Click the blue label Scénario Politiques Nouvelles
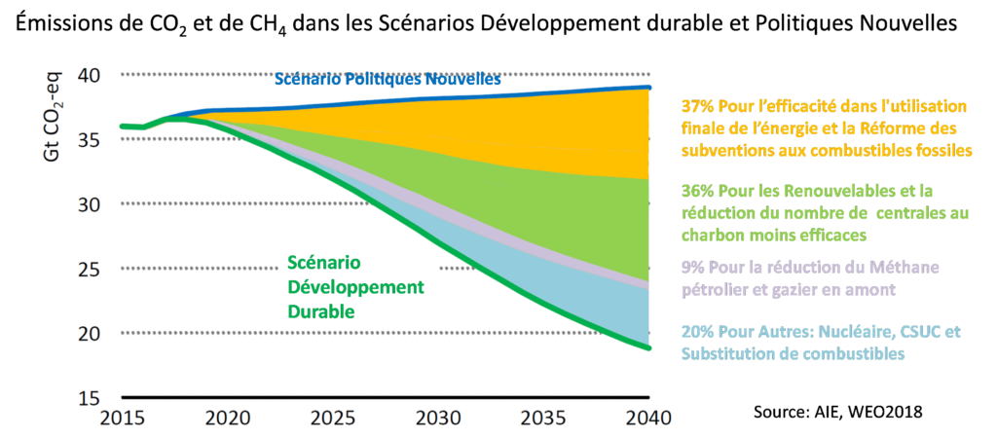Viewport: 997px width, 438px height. click(388, 80)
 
